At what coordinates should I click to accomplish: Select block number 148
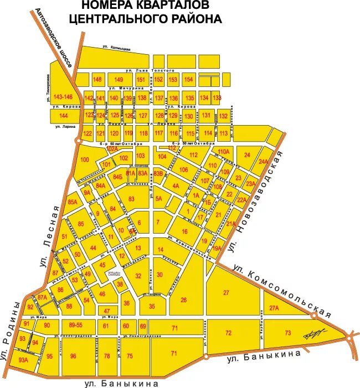click(97, 80)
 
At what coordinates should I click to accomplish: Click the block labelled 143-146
click(63, 97)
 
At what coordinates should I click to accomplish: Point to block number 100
click(84, 160)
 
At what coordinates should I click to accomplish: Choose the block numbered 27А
click(274, 308)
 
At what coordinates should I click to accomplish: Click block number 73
click(287, 333)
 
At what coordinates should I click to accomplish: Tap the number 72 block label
click(228, 333)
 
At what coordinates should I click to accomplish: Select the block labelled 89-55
click(75, 325)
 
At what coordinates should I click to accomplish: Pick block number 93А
click(23, 360)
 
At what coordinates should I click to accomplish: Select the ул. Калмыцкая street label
click(116, 49)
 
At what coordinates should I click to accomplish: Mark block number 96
click(73, 356)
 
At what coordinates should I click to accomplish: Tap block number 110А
click(223, 152)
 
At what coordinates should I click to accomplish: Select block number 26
click(183, 300)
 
